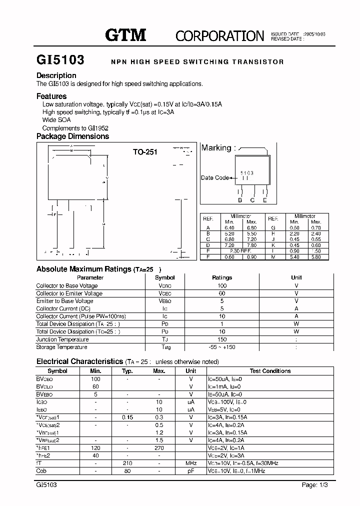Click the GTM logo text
pyautogui.click(x=125, y=34)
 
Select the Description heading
pyautogui.click(x=56, y=75)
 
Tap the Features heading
pyautogui.click(x=51, y=96)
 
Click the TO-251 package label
pyautogui.click(x=145, y=152)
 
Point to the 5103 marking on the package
pyautogui.click(x=246, y=172)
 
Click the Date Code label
pyautogui.click(x=214, y=177)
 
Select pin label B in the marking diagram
pyautogui.click(x=240, y=200)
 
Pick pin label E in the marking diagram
pyautogui.click(x=265, y=200)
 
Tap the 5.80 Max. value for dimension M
pyautogui.click(x=316, y=256)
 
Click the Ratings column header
pyautogui.click(x=222, y=277)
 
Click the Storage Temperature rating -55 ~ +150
pyautogui.click(x=222, y=347)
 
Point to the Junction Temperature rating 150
pyautogui.click(x=222, y=339)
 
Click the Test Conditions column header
pyautogui.click(x=270, y=371)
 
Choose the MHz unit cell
pyautogui.click(x=191, y=463)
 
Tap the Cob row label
pyautogui.click(x=41, y=471)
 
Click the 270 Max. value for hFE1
pyautogui.click(x=159, y=448)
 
